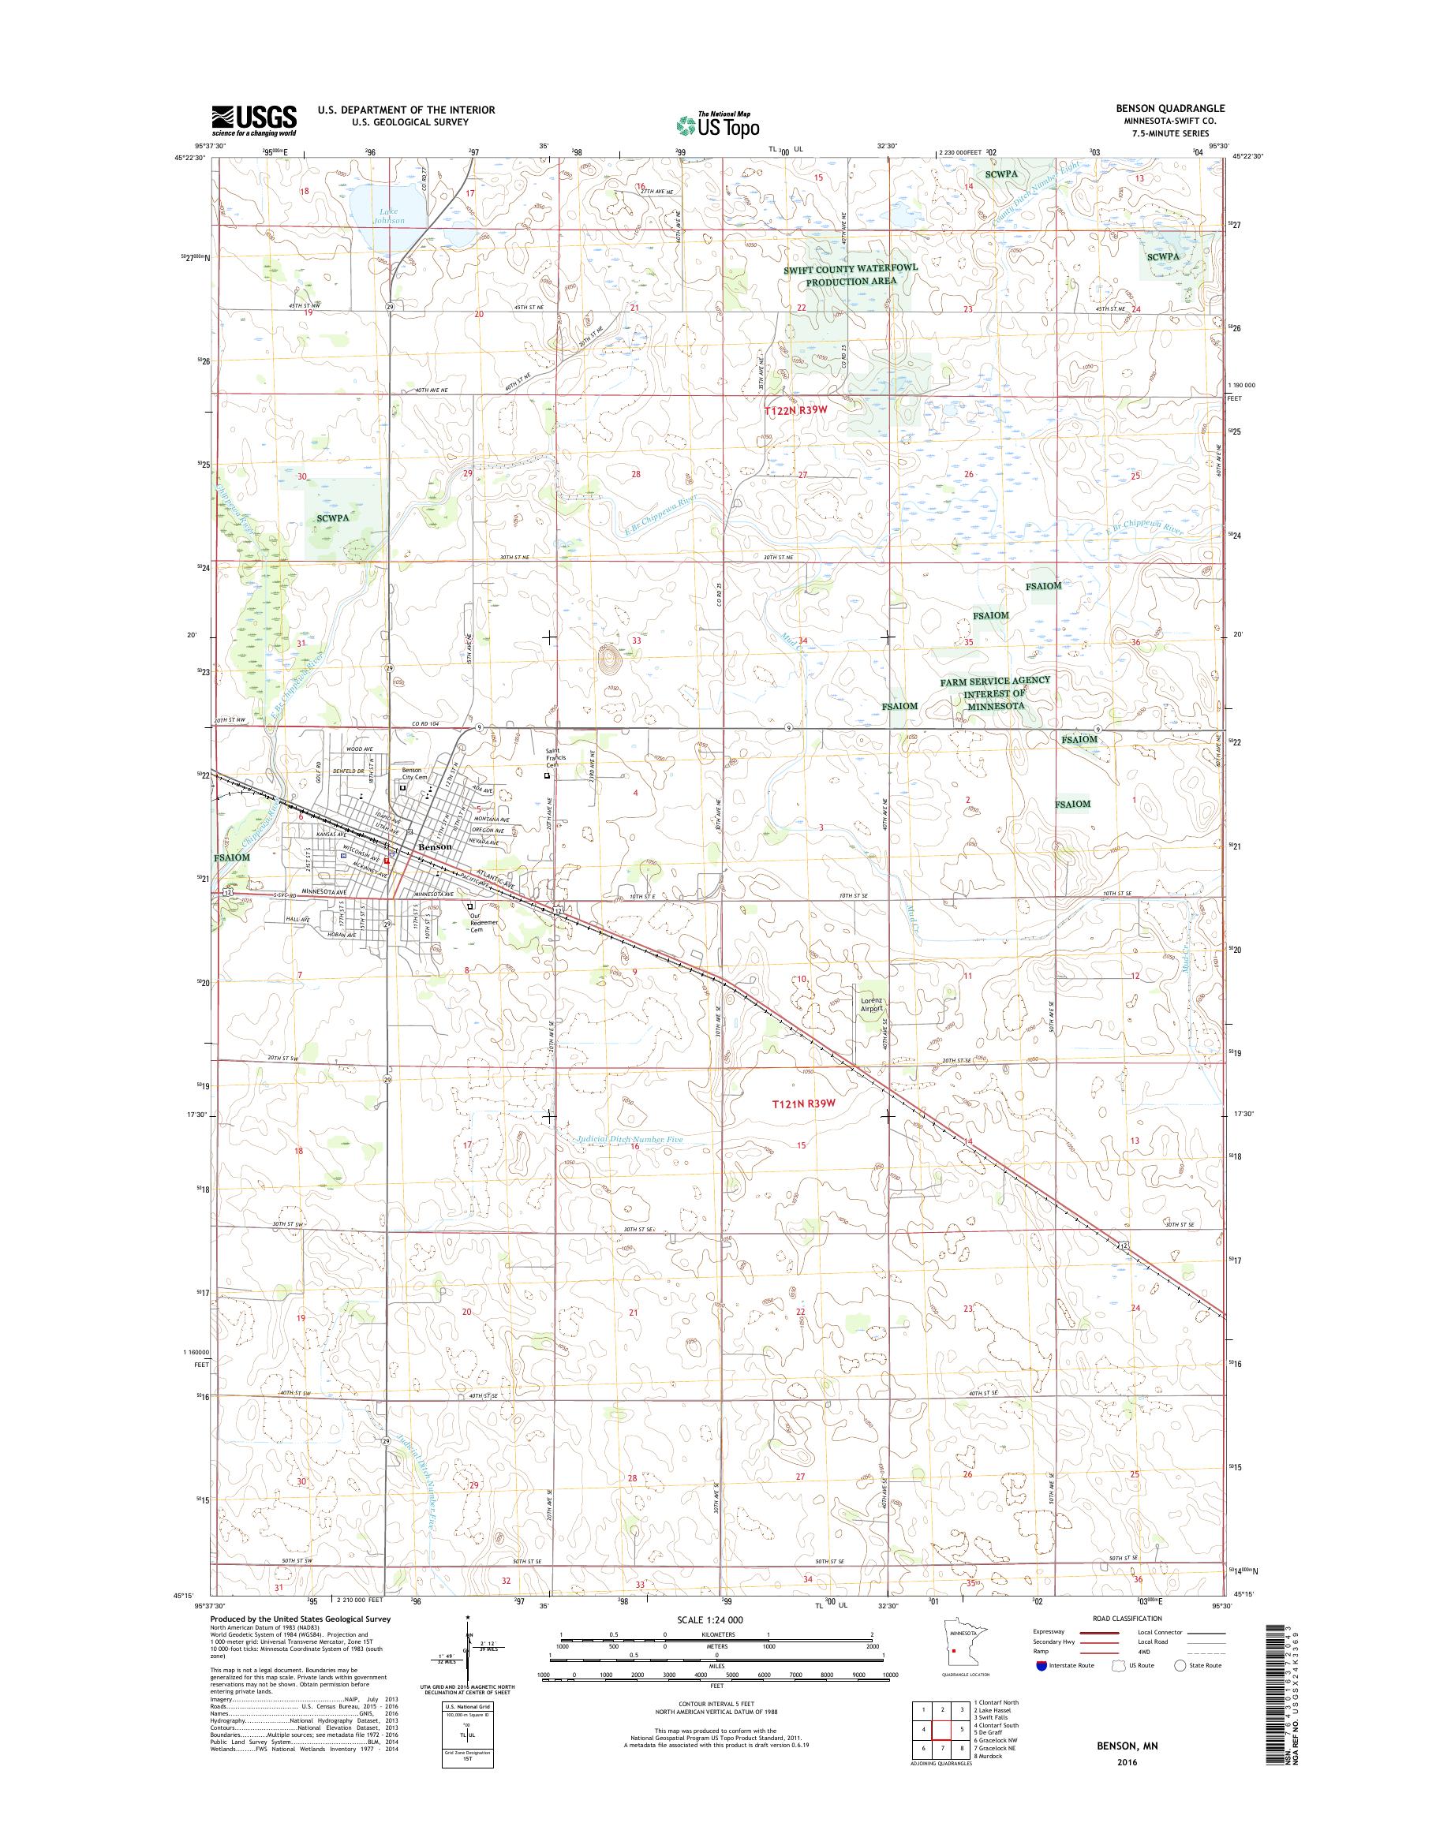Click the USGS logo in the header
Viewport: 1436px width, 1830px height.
[253, 120]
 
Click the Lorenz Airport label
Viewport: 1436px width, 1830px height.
[874, 1009]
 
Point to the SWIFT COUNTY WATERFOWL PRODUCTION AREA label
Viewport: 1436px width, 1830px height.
[850, 274]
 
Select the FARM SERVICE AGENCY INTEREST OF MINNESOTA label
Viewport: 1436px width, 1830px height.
[996, 693]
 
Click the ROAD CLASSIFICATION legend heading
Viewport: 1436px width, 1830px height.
[1127, 1641]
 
